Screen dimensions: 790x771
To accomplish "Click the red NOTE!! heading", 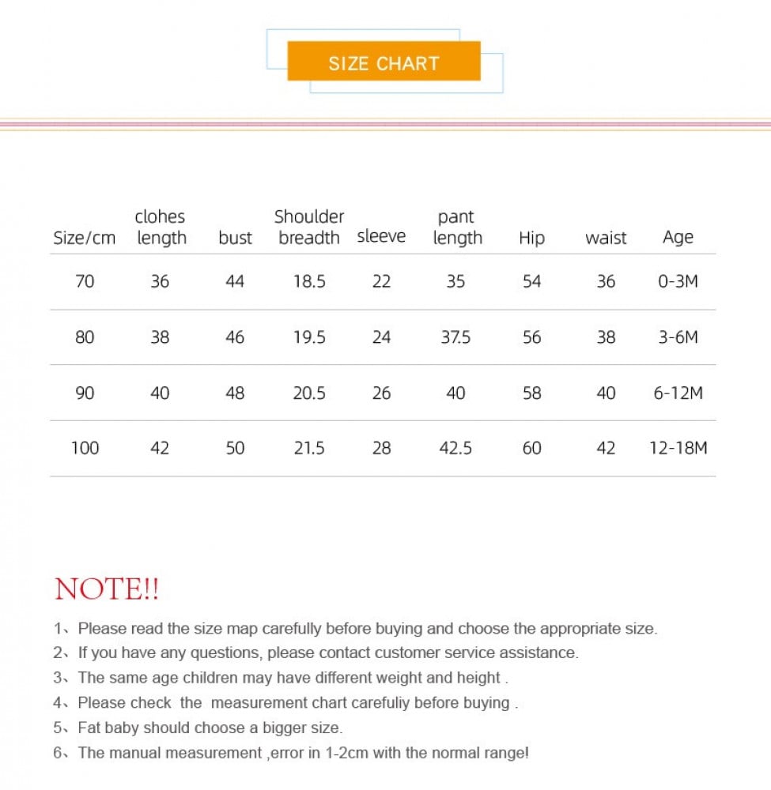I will point(107,589).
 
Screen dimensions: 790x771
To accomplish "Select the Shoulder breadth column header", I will point(309,227).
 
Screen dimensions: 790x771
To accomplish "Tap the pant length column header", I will point(457,227).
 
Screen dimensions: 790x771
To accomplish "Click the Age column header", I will point(678,237).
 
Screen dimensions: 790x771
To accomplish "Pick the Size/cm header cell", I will point(84,238).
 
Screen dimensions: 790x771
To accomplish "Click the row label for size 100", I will point(85,448).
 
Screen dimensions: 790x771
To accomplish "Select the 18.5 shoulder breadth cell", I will point(309,281).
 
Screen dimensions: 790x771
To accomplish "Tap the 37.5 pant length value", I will point(455,337).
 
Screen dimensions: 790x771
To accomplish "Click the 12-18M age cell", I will point(678,448).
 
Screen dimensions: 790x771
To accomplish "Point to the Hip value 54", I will point(531,281).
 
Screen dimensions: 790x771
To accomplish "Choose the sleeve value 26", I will point(381,393).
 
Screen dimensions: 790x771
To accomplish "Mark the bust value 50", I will point(235,448).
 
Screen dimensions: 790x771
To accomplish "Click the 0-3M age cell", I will point(678,281).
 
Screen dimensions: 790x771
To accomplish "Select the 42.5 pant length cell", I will point(455,448).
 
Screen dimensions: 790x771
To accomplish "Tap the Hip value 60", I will point(531,448).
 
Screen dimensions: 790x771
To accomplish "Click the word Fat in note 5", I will point(89,728).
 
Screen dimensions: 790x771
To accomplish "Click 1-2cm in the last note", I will point(346,753).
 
